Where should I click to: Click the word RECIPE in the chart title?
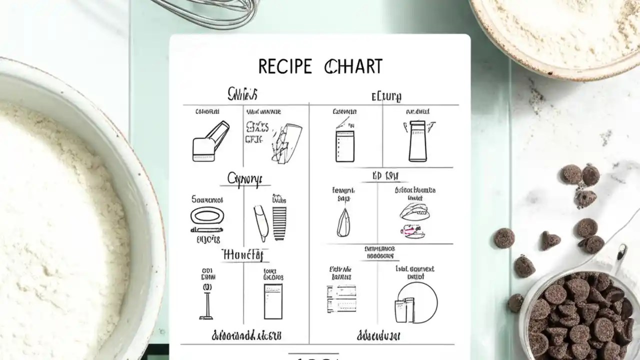[x=284, y=66]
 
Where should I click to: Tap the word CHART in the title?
[x=353, y=66]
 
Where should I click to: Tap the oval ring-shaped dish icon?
[x=207, y=216]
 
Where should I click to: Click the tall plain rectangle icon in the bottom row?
[x=273, y=301]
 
